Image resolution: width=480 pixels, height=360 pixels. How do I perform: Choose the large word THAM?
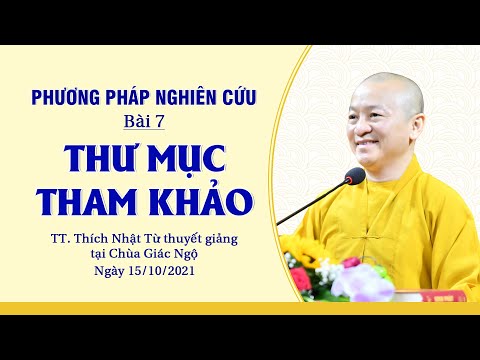(91, 200)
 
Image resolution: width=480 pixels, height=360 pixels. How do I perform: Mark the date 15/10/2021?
(160, 272)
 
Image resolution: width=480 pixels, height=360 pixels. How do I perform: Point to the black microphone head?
(354, 178)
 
